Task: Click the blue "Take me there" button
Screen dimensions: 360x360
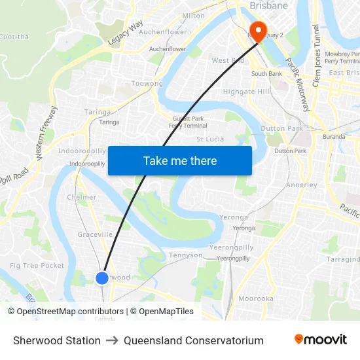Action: click(180, 160)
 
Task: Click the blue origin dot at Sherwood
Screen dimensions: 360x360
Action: click(102, 278)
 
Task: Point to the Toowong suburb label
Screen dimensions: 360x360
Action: click(147, 84)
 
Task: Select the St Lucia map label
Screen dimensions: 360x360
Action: click(210, 139)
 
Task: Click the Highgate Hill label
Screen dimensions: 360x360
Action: click(246, 92)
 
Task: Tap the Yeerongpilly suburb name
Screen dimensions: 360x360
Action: click(230, 247)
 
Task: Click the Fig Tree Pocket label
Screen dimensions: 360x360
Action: click(37, 265)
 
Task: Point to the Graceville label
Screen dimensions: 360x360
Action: click(95, 234)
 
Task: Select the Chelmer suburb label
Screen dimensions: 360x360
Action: click(82, 197)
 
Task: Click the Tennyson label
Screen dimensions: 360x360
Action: click(185, 255)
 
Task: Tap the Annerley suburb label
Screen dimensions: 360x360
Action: click(302, 185)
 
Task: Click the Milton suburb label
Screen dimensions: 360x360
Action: click(193, 16)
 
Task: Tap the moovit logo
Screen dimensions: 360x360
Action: click(320, 340)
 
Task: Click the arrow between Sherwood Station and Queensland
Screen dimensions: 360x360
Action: click(112, 340)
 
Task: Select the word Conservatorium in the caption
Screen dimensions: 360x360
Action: click(224, 340)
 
